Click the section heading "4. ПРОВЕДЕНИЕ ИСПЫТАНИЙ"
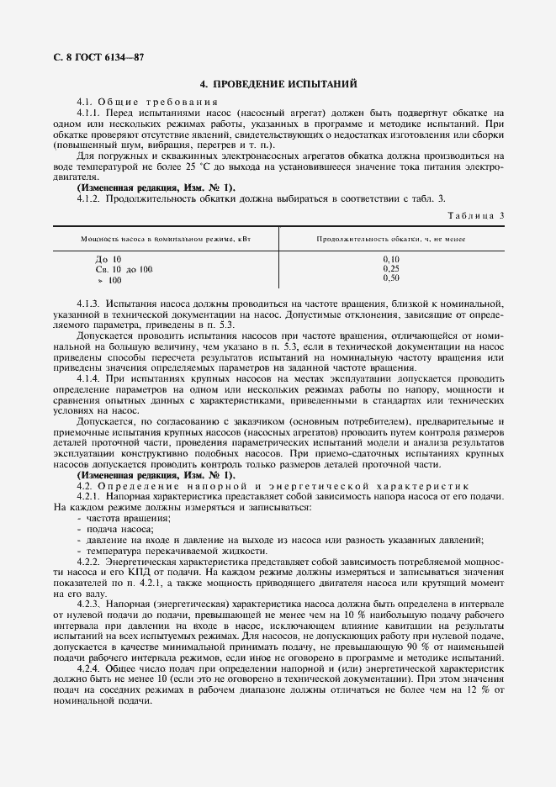(x=278, y=85)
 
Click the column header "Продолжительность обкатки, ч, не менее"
(x=391, y=239)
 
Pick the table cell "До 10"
(x=109, y=259)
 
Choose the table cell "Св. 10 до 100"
(x=124, y=269)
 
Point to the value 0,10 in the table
(x=391, y=259)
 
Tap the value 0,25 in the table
(x=391, y=268)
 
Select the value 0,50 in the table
(x=391, y=277)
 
